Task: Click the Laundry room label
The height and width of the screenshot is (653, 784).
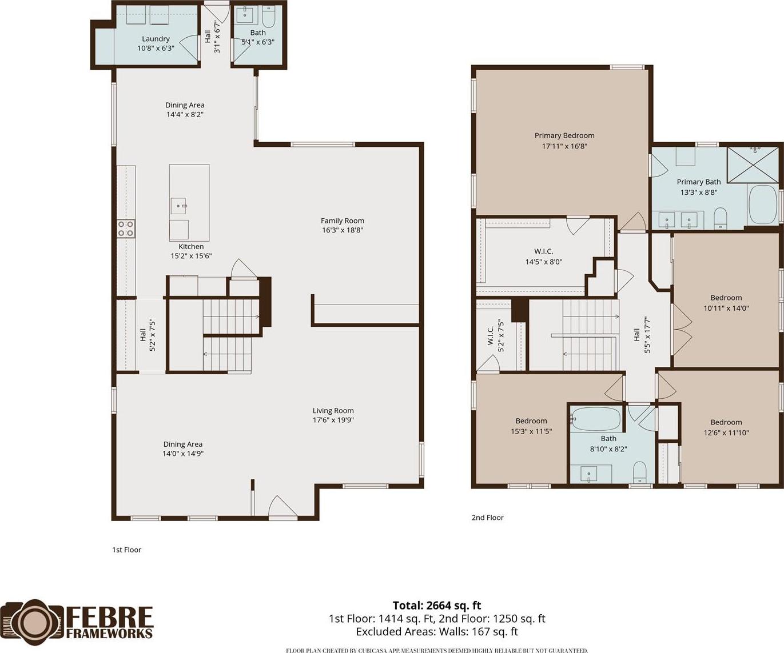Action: click(156, 39)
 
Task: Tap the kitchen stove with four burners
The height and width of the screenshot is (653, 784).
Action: click(126, 229)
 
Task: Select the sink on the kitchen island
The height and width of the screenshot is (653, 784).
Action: click(178, 206)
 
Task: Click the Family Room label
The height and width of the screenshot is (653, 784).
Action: click(342, 221)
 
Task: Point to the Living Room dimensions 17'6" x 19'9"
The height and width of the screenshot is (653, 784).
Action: click(333, 420)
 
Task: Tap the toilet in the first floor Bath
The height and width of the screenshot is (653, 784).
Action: click(268, 16)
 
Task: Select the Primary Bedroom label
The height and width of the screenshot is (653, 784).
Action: click(564, 135)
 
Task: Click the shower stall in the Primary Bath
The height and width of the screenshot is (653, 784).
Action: click(753, 165)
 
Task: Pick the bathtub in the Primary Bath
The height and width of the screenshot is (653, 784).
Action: click(763, 205)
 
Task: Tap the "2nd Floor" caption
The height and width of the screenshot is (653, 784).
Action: click(487, 517)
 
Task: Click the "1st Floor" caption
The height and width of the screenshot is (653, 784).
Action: click(126, 550)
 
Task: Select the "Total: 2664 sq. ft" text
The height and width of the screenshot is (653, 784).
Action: click(437, 606)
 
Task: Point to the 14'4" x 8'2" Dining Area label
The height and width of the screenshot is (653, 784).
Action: click(185, 110)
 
